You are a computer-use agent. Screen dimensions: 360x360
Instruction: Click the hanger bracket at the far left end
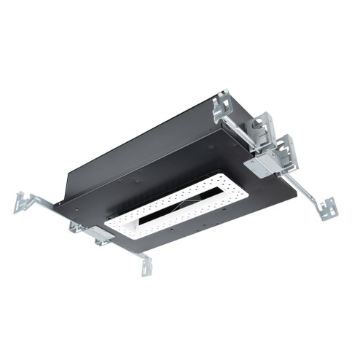[24, 202]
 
